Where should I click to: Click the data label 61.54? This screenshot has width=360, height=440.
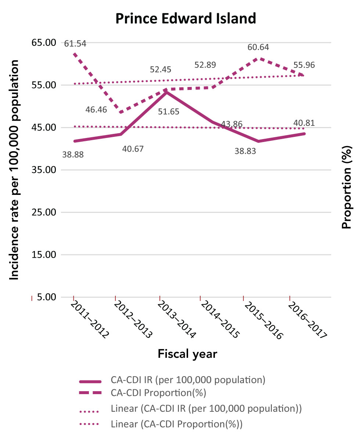click(75, 44)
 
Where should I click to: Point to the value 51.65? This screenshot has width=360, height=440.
click(169, 111)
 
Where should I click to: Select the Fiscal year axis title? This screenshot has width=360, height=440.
click(187, 354)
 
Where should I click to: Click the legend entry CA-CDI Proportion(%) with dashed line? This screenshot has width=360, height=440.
click(158, 393)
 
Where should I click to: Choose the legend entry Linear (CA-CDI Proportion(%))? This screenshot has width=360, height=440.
click(177, 424)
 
